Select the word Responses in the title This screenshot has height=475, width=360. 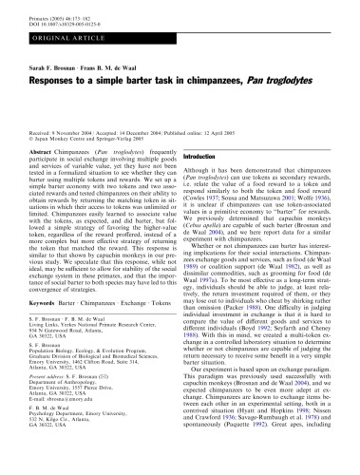(58, 80)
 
